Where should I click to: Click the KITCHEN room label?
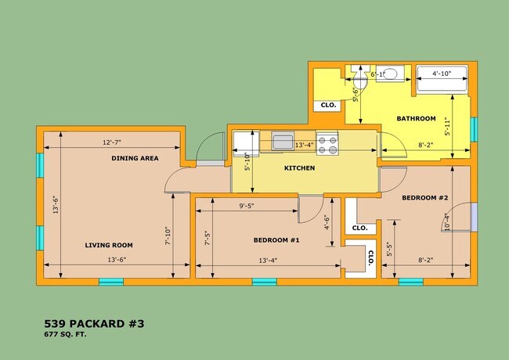tap(299, 168)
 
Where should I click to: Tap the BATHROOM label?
tap(416, 118)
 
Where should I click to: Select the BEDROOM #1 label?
tap(276, 240)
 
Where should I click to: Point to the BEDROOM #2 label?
tap(425, 197)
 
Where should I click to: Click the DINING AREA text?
tap(135, 158)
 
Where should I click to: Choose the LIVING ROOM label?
tap(109, 245)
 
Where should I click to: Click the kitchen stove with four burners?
tap(327, 143)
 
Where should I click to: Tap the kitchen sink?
tap(283, 141)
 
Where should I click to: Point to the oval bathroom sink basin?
tap(389, 74)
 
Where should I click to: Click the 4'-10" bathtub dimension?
tap(442, 74)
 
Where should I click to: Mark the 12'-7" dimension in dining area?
tap(112, 142)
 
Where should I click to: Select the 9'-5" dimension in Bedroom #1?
tap(247, 206)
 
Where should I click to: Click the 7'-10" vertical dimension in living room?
tap(168, 236)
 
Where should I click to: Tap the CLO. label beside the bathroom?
tap(328, 105)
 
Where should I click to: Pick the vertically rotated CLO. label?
tap(370, 258)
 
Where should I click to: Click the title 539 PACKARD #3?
tap(94, 324)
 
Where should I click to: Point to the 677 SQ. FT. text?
tap(65, 334)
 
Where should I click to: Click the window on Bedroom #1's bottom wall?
tap(265, 282)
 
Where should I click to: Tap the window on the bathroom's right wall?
tap(474, 129)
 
